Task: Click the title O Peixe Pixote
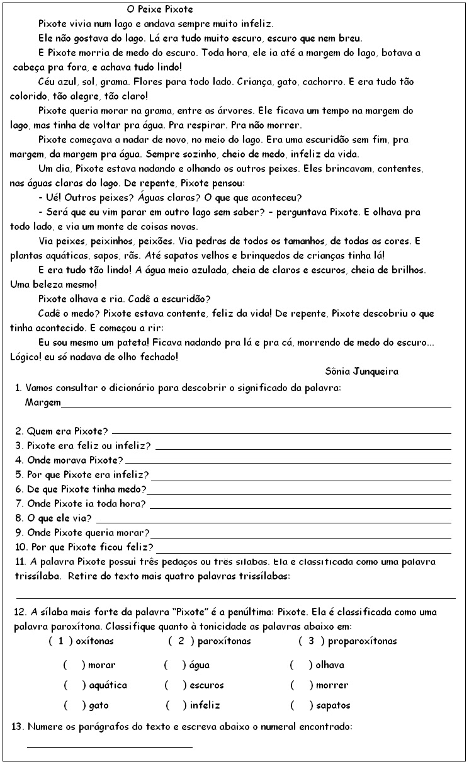(x=160, y=10)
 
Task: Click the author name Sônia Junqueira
(x=363, y=371)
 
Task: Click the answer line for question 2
(x=281, y=433)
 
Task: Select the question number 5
(x=18, y=474)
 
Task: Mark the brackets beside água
(x=174, y=665)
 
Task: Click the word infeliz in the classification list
(x=205, y=705)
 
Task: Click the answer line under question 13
(x=110, y=746)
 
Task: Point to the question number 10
(x=20, y=546)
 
